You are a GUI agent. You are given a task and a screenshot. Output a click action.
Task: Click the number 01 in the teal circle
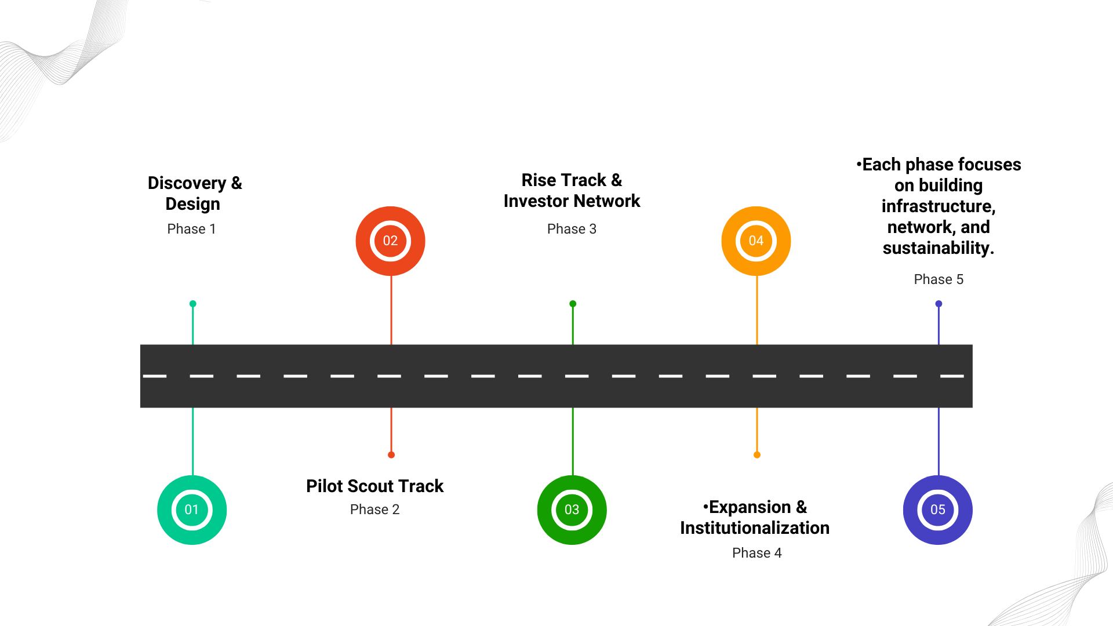192,510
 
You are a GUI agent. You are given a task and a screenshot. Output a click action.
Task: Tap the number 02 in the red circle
390,241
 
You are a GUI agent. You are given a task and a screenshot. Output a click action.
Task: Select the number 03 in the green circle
572,510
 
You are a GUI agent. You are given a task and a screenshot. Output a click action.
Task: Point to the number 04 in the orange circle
756,241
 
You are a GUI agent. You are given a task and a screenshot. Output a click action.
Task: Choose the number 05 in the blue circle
937,510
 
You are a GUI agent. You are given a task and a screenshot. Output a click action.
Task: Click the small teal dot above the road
193,304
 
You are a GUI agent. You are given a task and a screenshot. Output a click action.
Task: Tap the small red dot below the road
391,455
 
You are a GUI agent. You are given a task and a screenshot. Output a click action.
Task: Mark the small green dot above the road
573,304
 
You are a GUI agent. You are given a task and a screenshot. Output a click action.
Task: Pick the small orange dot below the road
757,455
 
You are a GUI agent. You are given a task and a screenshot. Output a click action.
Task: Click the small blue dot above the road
939,304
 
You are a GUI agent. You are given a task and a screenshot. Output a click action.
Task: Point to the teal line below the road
193,441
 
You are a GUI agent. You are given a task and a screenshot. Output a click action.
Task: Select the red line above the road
391,310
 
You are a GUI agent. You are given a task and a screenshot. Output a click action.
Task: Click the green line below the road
573,441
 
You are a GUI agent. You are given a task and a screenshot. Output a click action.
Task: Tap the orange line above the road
757,310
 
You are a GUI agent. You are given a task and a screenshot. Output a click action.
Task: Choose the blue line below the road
939,441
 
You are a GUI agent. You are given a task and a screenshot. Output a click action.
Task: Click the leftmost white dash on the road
155,376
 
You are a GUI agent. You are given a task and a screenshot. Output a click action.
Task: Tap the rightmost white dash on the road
952,376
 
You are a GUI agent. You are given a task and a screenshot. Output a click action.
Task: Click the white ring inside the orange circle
756,223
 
